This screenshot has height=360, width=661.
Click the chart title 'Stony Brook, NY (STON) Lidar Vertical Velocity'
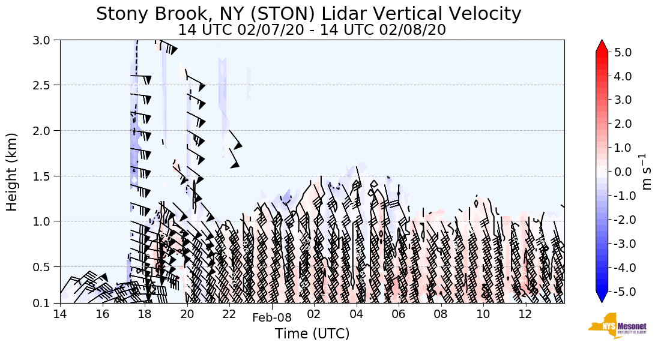coord(309,13)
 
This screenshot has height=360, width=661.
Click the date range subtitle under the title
coord(312,29)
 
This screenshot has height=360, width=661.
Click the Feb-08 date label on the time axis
coord(271,318)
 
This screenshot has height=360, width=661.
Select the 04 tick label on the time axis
coord(357,314)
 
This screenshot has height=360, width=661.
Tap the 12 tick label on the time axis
coord(525,314)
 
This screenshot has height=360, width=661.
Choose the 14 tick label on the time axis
coord(60,314)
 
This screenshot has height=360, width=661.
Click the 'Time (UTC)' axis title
coord(312,334)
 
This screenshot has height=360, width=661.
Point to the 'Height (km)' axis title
coord(13,172)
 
